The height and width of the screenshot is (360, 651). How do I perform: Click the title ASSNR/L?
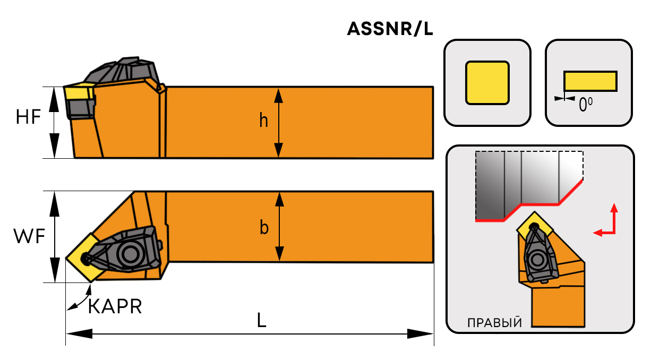pyautogui.click(x=390, y=29)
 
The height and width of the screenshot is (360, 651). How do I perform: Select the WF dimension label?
pyautogui.click(x=29, y=237)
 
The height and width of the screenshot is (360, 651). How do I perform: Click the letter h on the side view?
pyautogui.click(x=264, y=122)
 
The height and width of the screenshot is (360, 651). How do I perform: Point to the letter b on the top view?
pyautogui.click(x=264, y=228)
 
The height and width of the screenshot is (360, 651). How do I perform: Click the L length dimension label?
pyautogui.click(x=261, y=320)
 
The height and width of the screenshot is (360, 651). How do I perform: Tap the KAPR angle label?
pyautogui.click(x=115, y=306)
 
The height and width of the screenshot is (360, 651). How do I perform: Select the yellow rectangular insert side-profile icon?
pyautogui.click(x=590, y=81)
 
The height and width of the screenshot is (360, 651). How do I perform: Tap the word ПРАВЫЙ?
pyautogui.click(x=494, y=323)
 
